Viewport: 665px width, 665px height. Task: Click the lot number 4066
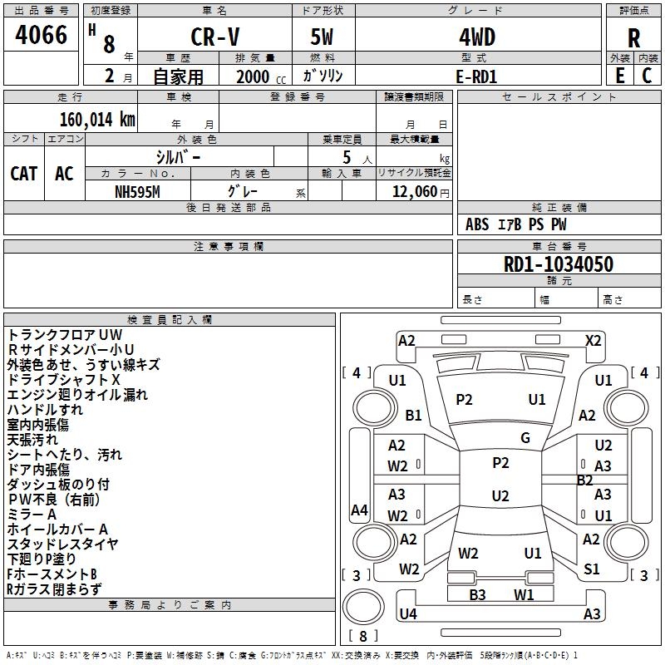click(42, 36)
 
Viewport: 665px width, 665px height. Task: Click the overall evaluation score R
click(634, 38)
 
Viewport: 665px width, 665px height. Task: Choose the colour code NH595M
click(138, 191)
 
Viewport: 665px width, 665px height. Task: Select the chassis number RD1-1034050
click(559, 264)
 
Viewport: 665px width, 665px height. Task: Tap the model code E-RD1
click(477, 76)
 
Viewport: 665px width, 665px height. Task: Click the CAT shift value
click(24, 174)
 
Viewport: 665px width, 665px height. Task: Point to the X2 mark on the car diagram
click(594, 340)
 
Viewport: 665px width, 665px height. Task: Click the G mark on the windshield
click(525, 437)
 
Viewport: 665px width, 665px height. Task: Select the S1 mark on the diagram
click(591, 569)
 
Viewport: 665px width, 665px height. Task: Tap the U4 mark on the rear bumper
click(407, 614)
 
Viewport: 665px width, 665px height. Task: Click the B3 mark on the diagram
click(477, 594)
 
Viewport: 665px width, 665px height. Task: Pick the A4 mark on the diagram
click(359, 510)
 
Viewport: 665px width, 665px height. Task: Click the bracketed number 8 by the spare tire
click(362, 636)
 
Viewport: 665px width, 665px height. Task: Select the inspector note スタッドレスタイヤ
click(63, 544)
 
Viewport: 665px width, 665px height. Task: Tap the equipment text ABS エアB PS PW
click(516, 224)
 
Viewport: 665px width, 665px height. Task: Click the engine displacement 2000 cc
click(257, 76)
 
